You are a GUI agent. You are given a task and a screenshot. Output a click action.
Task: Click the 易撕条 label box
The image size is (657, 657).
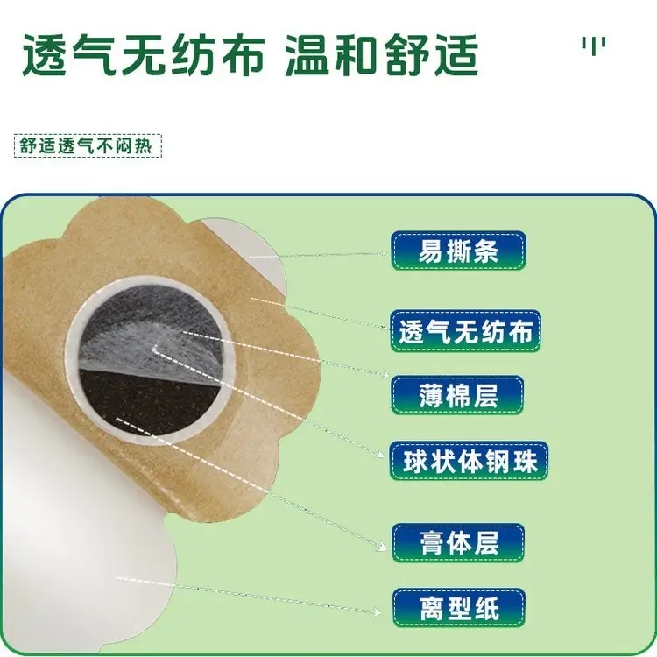458,251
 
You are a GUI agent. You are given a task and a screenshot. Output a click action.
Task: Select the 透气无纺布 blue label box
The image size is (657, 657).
465,331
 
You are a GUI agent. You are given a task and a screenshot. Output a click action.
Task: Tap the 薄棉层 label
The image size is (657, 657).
457,395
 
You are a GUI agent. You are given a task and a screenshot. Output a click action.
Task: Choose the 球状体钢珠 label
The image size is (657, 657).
469,461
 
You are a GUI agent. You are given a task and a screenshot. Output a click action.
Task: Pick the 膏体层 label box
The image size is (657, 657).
458,542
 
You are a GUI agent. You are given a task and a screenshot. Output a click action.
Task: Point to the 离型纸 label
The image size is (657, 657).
459,608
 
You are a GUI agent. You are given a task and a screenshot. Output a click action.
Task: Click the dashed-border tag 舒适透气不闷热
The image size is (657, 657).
88,145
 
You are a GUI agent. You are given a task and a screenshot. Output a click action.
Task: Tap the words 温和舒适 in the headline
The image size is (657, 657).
381,55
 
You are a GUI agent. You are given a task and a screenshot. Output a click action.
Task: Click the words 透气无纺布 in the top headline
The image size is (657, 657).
144,55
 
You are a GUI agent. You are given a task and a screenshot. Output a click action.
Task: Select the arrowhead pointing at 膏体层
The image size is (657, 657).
382,546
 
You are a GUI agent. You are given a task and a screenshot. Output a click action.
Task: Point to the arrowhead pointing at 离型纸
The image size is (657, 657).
377,612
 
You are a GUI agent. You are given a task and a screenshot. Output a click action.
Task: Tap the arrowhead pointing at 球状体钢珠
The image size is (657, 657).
380,454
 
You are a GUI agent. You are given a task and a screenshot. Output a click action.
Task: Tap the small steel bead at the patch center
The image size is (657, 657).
154,348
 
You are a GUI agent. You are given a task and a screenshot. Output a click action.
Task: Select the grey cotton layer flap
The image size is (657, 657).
151,331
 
